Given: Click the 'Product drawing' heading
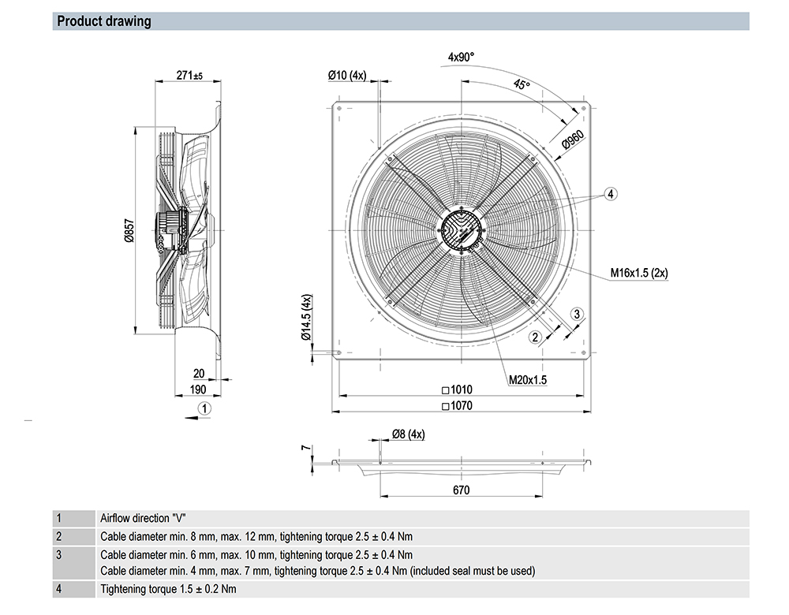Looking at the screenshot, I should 104,21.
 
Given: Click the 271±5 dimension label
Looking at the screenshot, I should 189,76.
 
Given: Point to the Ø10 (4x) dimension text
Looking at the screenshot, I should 347,75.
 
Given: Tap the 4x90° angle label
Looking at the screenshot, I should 461,57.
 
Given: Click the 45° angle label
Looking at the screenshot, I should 522,84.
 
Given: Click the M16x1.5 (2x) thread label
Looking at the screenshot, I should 638,273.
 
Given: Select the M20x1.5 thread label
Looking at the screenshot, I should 528,379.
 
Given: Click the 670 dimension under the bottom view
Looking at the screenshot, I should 462,490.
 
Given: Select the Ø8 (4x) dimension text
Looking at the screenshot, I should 408,434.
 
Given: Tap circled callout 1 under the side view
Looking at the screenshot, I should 204,408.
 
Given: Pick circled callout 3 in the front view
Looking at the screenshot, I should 577,314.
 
